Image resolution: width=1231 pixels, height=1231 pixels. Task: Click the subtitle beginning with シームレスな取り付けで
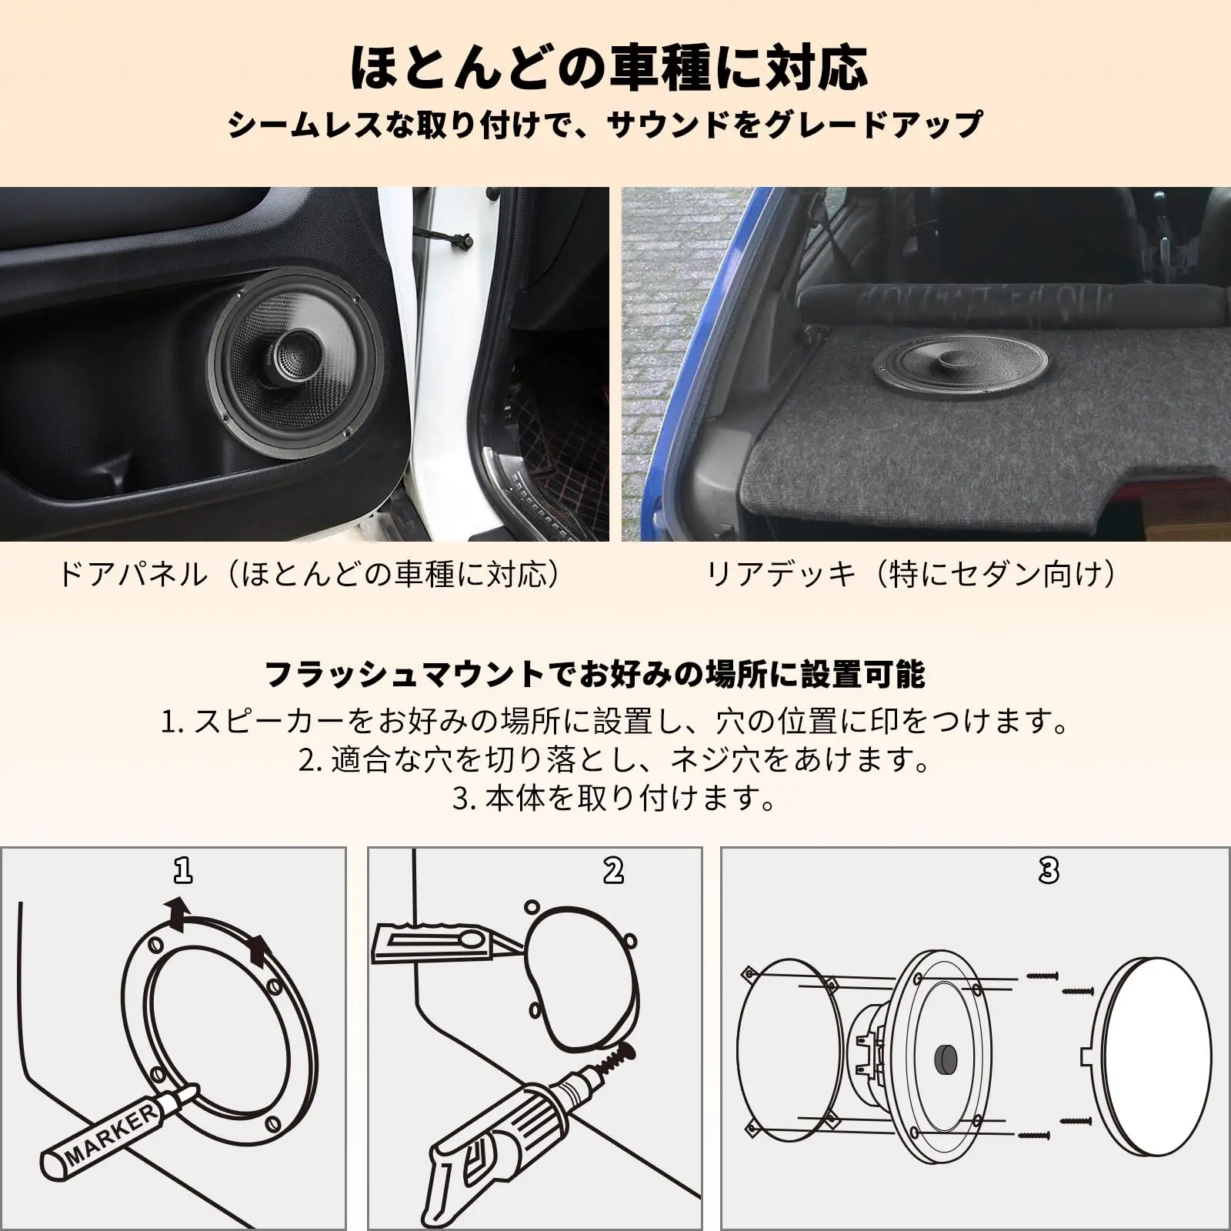[x=605, y=125]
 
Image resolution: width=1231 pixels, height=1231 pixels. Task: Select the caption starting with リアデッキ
[x=909, y=575]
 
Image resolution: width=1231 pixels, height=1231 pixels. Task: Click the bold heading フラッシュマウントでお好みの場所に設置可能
[x=595, y=674]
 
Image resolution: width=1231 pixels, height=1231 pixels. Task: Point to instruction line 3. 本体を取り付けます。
[x=614, y=799]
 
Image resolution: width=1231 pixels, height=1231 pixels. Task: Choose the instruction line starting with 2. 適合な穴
[x=614, y=760]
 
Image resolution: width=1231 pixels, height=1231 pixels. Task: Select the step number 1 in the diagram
[x=182, y=870]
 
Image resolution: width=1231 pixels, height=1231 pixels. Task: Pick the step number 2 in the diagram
[x=613, y=870]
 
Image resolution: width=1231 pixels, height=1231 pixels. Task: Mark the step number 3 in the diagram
[x=1049, y=870]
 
